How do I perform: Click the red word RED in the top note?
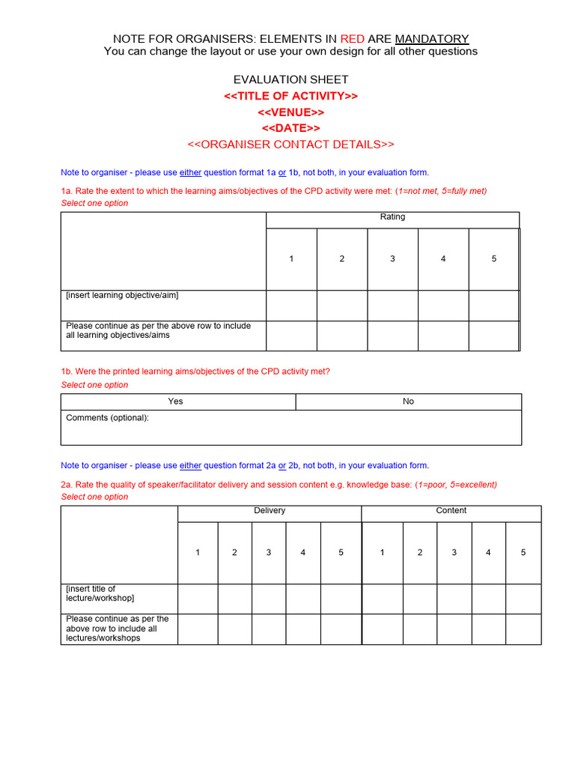coord(352,38)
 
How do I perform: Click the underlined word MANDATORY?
coord(432,38)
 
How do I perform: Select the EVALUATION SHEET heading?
coord(290,79)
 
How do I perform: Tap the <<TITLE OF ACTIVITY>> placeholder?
coord(290,96)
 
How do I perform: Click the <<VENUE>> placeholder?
coord(290,112)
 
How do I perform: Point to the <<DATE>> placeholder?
coord(290,128)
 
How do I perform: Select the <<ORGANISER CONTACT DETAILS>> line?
coord(290,145)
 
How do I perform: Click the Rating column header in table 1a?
coord(392,217)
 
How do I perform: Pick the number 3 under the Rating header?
coord(392,259)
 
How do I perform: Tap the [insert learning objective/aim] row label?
coord(122,296)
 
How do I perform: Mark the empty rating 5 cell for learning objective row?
coord(493,306)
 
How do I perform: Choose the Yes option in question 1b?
coord(175,401)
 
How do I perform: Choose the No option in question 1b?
coord(408,401)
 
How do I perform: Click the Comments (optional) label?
coord(107,418)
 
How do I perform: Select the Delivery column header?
coord(270,511)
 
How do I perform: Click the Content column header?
coord(451,511)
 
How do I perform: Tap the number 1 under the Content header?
coord(382,553)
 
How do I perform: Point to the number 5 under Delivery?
coord(341,553)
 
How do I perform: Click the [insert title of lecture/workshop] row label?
coord(100,593)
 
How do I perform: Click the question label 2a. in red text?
coord(67,485)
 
